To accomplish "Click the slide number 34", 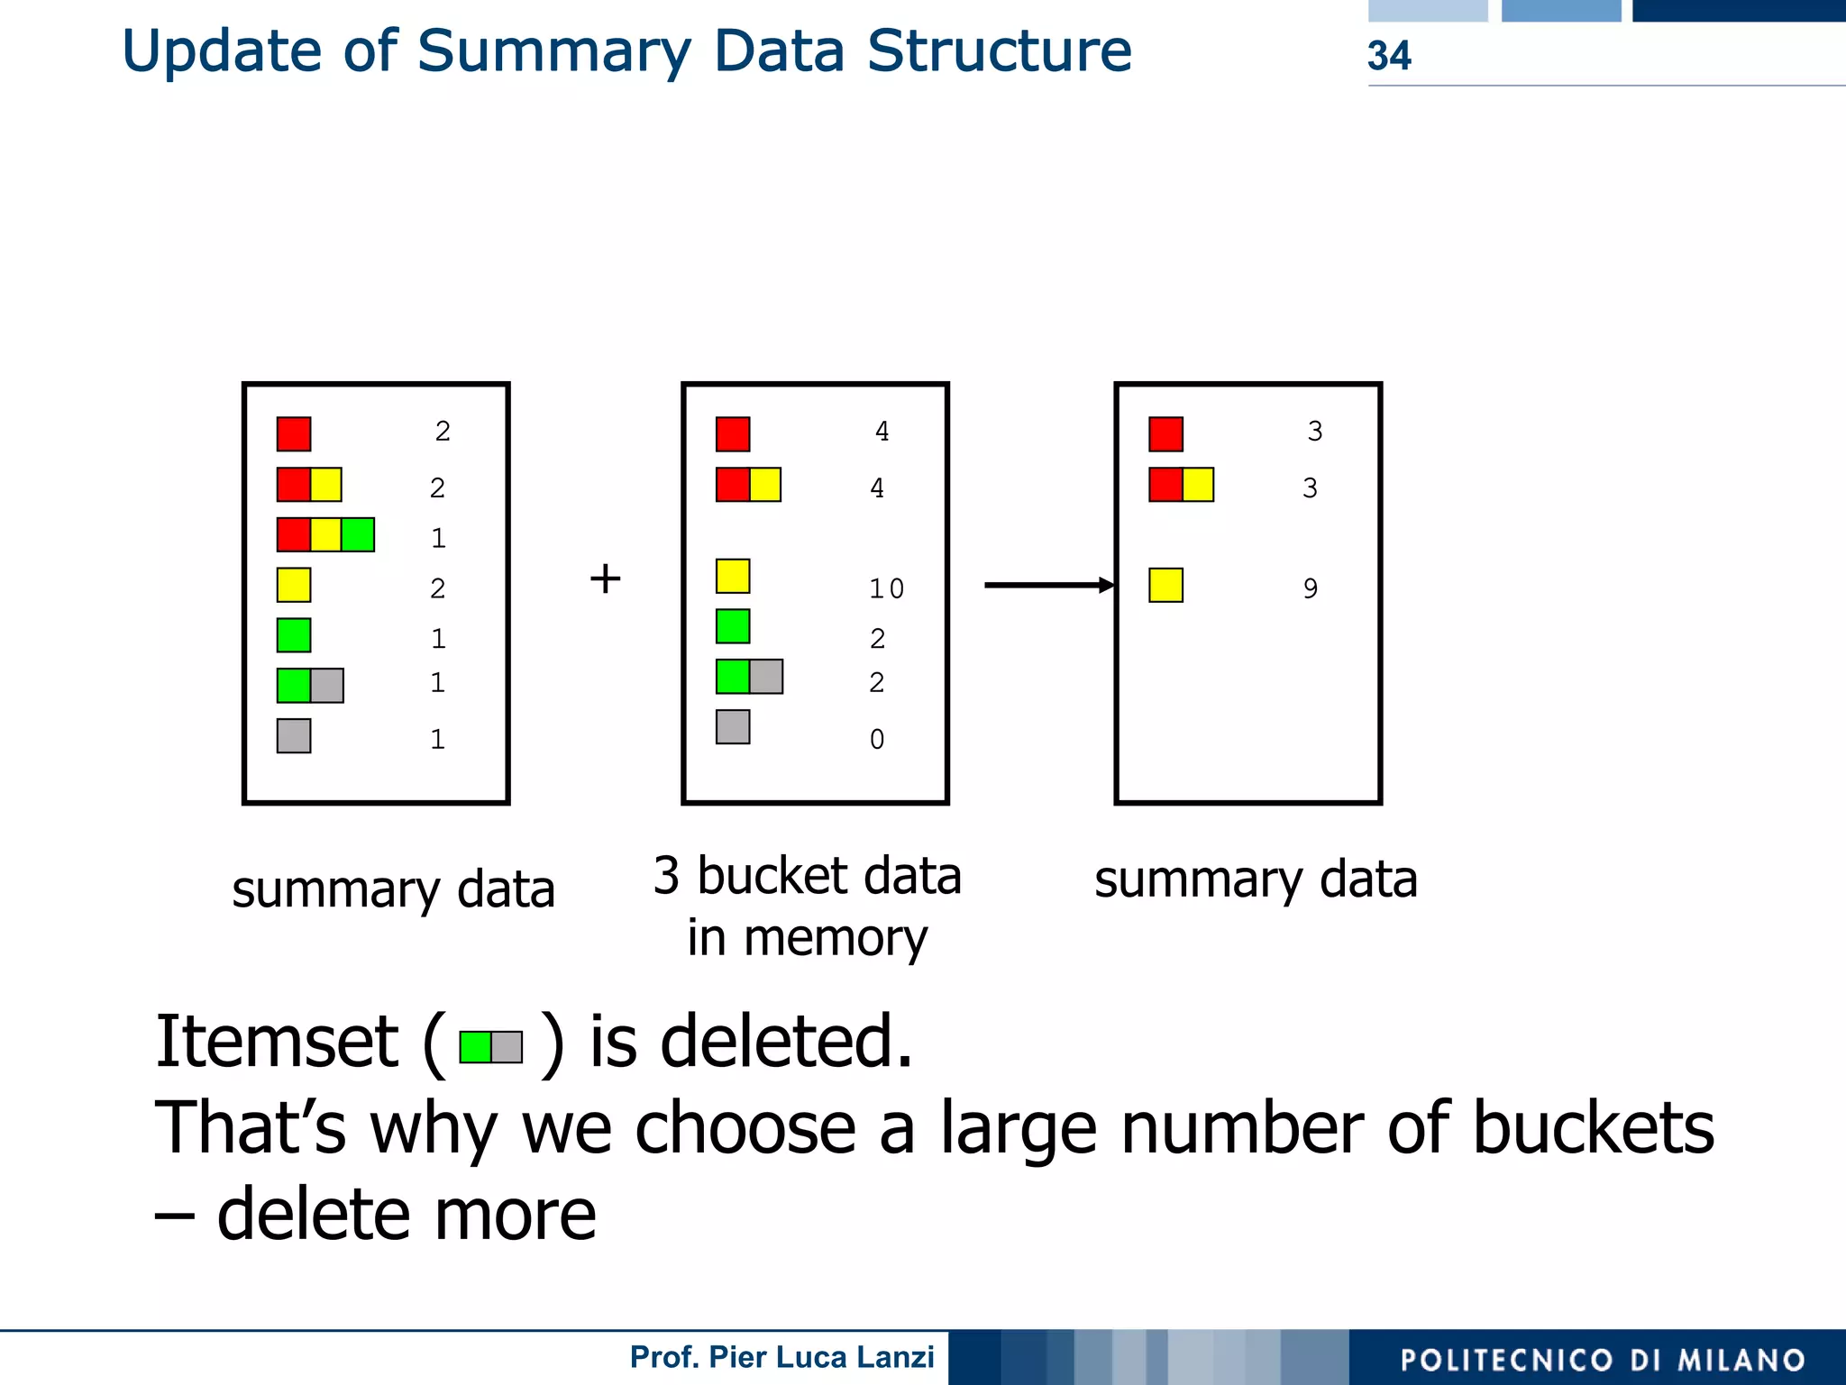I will pyautogui.click(x=1388, y=56).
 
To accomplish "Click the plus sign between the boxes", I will pyautogui.click(x=605, y=579).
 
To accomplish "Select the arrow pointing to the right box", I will pyautogui.click(x=1048, y=585).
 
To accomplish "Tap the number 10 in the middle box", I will pyautogui.click(x=885, y=588).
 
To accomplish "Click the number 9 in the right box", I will pyautogui.click(x=1310, y=588).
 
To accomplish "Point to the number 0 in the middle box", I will pyautogui.click(x=876, y=739).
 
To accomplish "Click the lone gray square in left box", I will pyautogui.click(x=294, y=735).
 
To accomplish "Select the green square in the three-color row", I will pyautogui.click(x=358, y=534).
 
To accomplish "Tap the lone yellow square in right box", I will pyautogui.click(x=1165, y=585).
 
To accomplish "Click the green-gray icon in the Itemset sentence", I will pyautogui.click(x=490, y=1047).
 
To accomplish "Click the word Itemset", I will pyautogui.click(x=277, y=1042).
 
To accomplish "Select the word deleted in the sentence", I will pyautogui.click(x=786, y=1042).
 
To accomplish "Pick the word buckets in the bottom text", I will pyautogui.click(x=1593, y=1127).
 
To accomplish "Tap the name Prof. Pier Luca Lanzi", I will pyautogui.click(x=781, y=1357).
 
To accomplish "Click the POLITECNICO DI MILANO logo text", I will pyautogui.click(x=1602, y=1360).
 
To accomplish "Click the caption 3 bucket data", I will pyautogui.click(x=807, y=876).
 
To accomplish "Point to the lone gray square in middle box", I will pyautogui.click(x=733, y=726).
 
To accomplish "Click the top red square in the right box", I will pyautogui.click(x=1165, y=433).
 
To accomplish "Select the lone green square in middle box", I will pyautogui.click(x=733, y=626).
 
